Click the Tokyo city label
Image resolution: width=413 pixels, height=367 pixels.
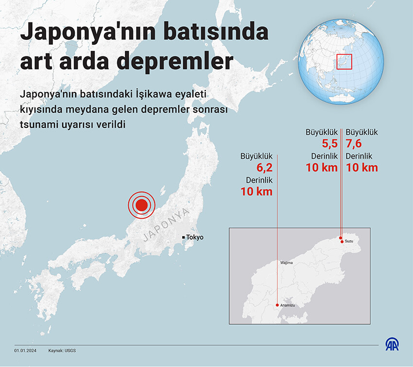pyautogui.click(x=195, y=237)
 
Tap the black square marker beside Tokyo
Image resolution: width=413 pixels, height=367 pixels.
pyautogui.click(x=183, y=237)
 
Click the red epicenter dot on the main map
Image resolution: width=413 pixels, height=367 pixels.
pyautogui.click(x=141, y=205)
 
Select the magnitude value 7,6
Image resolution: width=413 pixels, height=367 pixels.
pyautogui.click(x=355, y=144)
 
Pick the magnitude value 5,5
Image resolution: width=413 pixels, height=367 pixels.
pyautogui.click(x=329, y=144)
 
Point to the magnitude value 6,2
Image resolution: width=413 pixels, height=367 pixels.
pyautogui.click(x=264, y=168)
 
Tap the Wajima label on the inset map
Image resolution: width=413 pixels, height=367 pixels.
pyautogui.click(x=287, y=262)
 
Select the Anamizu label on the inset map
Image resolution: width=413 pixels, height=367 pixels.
pyautogui.click(x=287, y=305)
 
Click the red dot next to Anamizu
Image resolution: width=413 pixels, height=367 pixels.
pyautogui.click(x=277, y=305)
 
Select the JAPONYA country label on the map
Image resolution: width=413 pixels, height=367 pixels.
pyautogui.click(x=166, y=226)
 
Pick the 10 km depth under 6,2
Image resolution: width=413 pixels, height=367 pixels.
pyautogui.click(x=257, y=192)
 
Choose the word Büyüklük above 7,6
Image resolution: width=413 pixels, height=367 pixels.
pyautogui.click(x=361, y=132)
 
